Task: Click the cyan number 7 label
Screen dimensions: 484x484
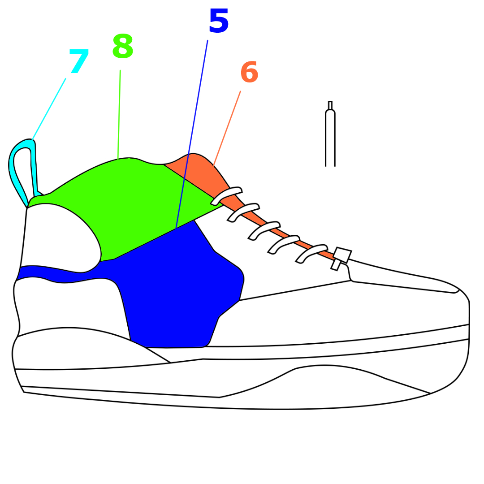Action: point(79,62)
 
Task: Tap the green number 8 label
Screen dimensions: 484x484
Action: point(122,47)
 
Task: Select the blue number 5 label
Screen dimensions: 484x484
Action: point(218,22)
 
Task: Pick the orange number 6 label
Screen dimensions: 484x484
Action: point(249,73)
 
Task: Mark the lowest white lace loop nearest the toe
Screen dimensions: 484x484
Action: point(311,252)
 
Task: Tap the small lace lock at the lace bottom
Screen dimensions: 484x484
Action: point(342,255)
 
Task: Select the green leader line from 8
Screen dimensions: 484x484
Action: point(119,114)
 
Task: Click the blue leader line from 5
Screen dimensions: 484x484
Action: point(192,134)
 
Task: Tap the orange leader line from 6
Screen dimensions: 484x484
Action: point(227,128)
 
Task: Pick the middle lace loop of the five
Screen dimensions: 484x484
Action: point(264,230)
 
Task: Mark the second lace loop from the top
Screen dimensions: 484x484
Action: point(243,212)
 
